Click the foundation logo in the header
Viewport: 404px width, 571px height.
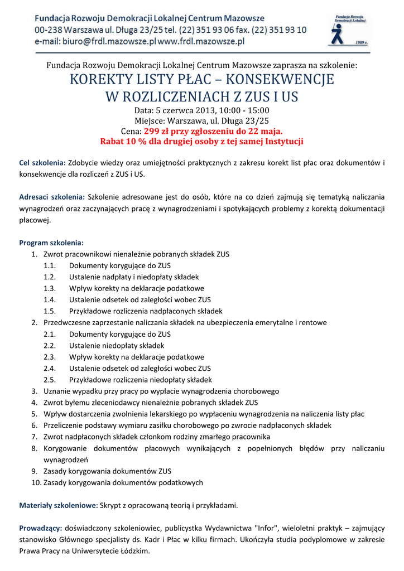pos(349,30)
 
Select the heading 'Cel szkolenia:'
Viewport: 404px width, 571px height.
pos(42,163)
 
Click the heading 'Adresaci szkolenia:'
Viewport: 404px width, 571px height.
pos(52,197)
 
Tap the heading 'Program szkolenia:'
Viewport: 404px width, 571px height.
pos(51,243)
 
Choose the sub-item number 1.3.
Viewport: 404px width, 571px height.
pos(50,288)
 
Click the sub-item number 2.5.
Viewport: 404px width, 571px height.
pos(50,380)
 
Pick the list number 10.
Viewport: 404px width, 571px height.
pos(36,482)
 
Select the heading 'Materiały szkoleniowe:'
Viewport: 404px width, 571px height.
pos(59,505)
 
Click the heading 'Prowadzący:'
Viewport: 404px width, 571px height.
pos(41,528)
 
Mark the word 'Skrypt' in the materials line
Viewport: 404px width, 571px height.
pos(110,505)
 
